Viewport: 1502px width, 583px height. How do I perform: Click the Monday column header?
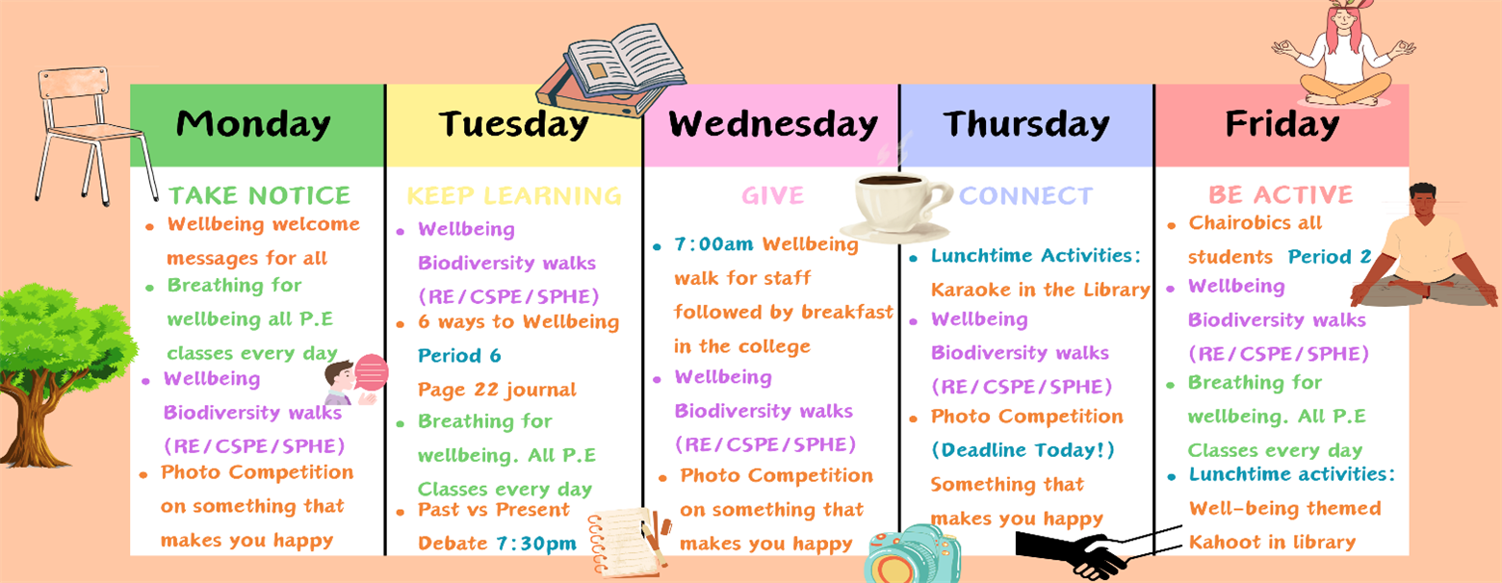pyautogui.click(x=253, y=124)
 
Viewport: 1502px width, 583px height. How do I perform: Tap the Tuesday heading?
pyautogui.click(x=513, y=125)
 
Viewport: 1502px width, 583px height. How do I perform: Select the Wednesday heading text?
pyautogui.click(x=773, y=125)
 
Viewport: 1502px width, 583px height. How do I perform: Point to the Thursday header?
pyautogui.click(x=1026, y=125)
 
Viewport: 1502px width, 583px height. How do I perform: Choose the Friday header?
pyautogui.click(x=1282, y=125)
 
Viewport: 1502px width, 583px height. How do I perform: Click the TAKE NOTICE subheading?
pyautogui.click(x=260, y=195)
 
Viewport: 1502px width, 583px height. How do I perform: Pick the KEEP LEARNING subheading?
pyautogui.click(x=513, y=195)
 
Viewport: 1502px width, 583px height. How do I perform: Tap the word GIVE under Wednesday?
pyautogui.click(x=772, y=195)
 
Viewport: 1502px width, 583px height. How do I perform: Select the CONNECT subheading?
pyautogui.click(x=1026, y=195)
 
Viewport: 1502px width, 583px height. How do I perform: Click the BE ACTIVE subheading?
pyautogui.click(x=1281, y=194)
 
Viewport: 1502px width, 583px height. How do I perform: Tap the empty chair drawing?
pyautogui.click(x=94, y=134)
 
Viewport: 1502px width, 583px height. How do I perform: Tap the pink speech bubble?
pyautogui.click(x=371, y=372)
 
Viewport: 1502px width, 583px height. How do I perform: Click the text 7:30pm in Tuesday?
pyautogui.click(x=536, y=543)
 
